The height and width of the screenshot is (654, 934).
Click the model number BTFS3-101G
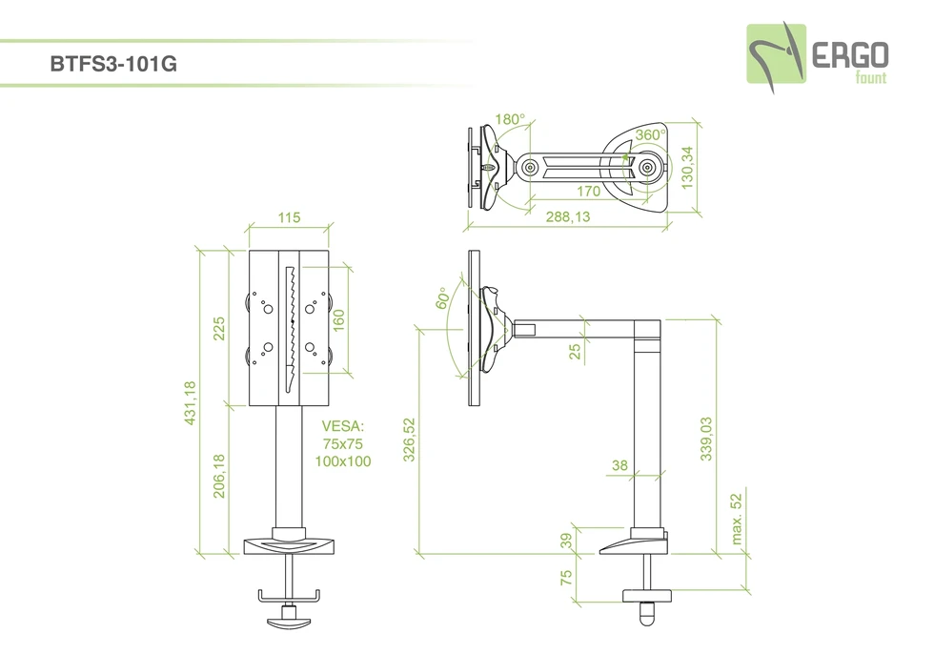(112, 67)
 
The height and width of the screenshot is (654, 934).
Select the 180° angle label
(510, 120)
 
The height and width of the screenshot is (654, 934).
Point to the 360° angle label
(651, 135)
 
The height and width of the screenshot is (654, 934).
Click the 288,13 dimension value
(567, 218)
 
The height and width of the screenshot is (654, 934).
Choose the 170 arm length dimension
(588, 192)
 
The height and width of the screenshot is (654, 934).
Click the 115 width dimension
(289, 218)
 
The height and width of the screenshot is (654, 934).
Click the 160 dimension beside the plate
(338, 318)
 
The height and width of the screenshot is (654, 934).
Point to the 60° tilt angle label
(442, 299)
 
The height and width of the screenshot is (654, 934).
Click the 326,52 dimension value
(409, 439)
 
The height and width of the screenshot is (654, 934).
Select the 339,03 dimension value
(706, 439)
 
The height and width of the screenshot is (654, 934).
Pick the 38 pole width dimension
(619, 465)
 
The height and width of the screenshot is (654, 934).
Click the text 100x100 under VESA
(342, 461)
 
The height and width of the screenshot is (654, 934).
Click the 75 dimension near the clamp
(565, 577)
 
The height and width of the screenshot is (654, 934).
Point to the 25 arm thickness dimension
(575, 351)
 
